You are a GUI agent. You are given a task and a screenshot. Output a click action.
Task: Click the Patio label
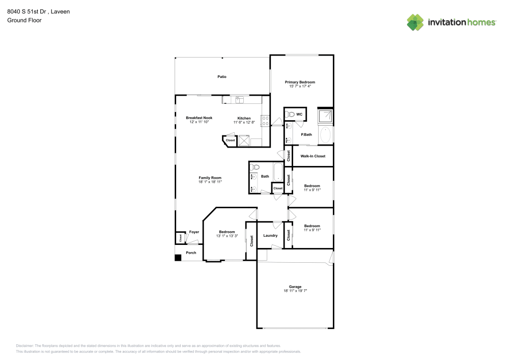[222, 77]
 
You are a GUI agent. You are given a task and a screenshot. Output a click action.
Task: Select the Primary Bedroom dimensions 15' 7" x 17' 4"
[300, 87]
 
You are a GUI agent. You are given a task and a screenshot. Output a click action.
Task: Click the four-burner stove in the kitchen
[265, 121]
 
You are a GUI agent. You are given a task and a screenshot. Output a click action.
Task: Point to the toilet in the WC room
[290, 114]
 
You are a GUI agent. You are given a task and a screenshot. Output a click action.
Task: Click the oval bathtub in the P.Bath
[325, 135]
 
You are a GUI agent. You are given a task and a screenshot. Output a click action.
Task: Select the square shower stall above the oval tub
[325, 117]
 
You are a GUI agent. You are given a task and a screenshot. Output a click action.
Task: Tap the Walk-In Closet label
[313, 156]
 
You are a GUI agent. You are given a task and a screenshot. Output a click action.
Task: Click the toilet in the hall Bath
[256, 167]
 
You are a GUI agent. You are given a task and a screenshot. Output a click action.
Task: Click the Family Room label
[210, 178]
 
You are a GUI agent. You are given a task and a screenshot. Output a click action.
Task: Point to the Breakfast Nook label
[199, 118]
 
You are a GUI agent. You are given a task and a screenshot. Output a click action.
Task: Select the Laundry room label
[270, 235]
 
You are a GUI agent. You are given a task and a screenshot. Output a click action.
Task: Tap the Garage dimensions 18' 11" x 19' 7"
[295, 291]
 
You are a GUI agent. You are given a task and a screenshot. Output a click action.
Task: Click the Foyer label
[194, 232]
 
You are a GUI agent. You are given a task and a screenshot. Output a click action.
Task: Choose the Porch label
[191, 253]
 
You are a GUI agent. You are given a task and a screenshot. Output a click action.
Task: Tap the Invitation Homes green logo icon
[415, 22]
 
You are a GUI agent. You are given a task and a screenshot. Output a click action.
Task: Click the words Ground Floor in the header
[24, 20]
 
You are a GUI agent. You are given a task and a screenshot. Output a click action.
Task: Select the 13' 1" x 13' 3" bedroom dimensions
[227, 236]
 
